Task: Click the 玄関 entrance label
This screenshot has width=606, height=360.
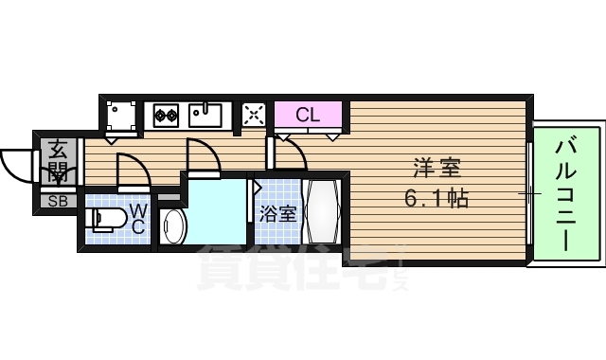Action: coord(58,161)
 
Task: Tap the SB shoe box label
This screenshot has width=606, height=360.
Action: coord(58,201)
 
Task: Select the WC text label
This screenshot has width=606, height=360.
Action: coord(137,217)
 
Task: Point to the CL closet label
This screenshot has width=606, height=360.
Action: coord(308,116)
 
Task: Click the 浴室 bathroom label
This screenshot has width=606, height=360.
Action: coord(277,213)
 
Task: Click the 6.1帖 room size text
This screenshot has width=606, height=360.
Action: coord(435,200)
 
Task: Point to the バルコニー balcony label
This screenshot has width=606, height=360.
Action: coord(566,193)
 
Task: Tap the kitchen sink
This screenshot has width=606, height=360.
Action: coord(205,116)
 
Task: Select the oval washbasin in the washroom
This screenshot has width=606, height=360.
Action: coord(173,226)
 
